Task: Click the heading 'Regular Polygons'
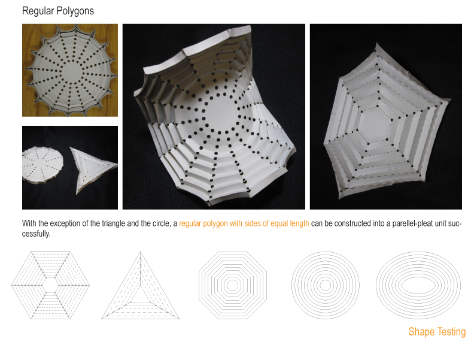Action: pos(57,11)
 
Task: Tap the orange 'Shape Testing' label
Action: pos(437,332)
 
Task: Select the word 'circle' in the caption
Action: pos(157,223)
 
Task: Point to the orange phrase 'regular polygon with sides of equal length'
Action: pos(244,223)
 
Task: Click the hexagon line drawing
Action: pos(51,285)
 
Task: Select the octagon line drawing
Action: pos(232,285)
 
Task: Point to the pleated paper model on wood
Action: pos(71,71)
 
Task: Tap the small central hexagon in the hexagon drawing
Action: pos(50,285)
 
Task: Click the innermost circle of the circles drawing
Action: pos(325,285)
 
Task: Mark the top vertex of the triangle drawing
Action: pos(140,252)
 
